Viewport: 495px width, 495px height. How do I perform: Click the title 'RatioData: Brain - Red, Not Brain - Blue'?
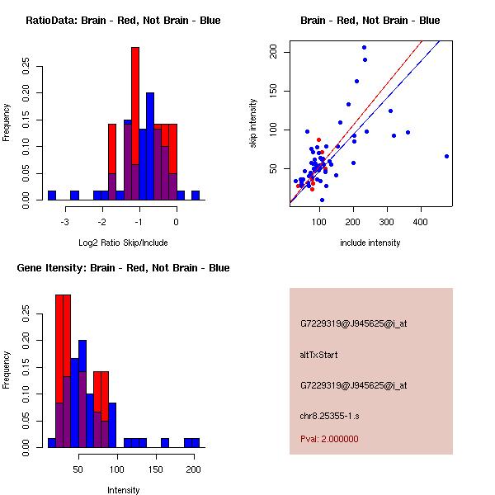[x=123, y=21]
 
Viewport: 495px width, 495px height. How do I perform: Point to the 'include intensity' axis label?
[x=370, y=243]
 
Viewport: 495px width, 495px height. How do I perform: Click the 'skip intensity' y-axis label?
[x=253, y=124]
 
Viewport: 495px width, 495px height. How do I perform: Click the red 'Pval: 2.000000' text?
[x=329, y=439]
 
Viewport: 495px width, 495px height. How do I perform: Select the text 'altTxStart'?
[x=319, y=355]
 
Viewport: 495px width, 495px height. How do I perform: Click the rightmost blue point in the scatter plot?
[x=446, y=156]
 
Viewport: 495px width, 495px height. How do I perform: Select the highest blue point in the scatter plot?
[x=364, y=47]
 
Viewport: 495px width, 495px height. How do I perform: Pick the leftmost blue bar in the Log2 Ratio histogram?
[x=52, y=196]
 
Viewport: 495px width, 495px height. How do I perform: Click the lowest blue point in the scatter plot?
[x=322, y=200]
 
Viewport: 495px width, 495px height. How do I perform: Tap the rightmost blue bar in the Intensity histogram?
[x=196, y=443]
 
